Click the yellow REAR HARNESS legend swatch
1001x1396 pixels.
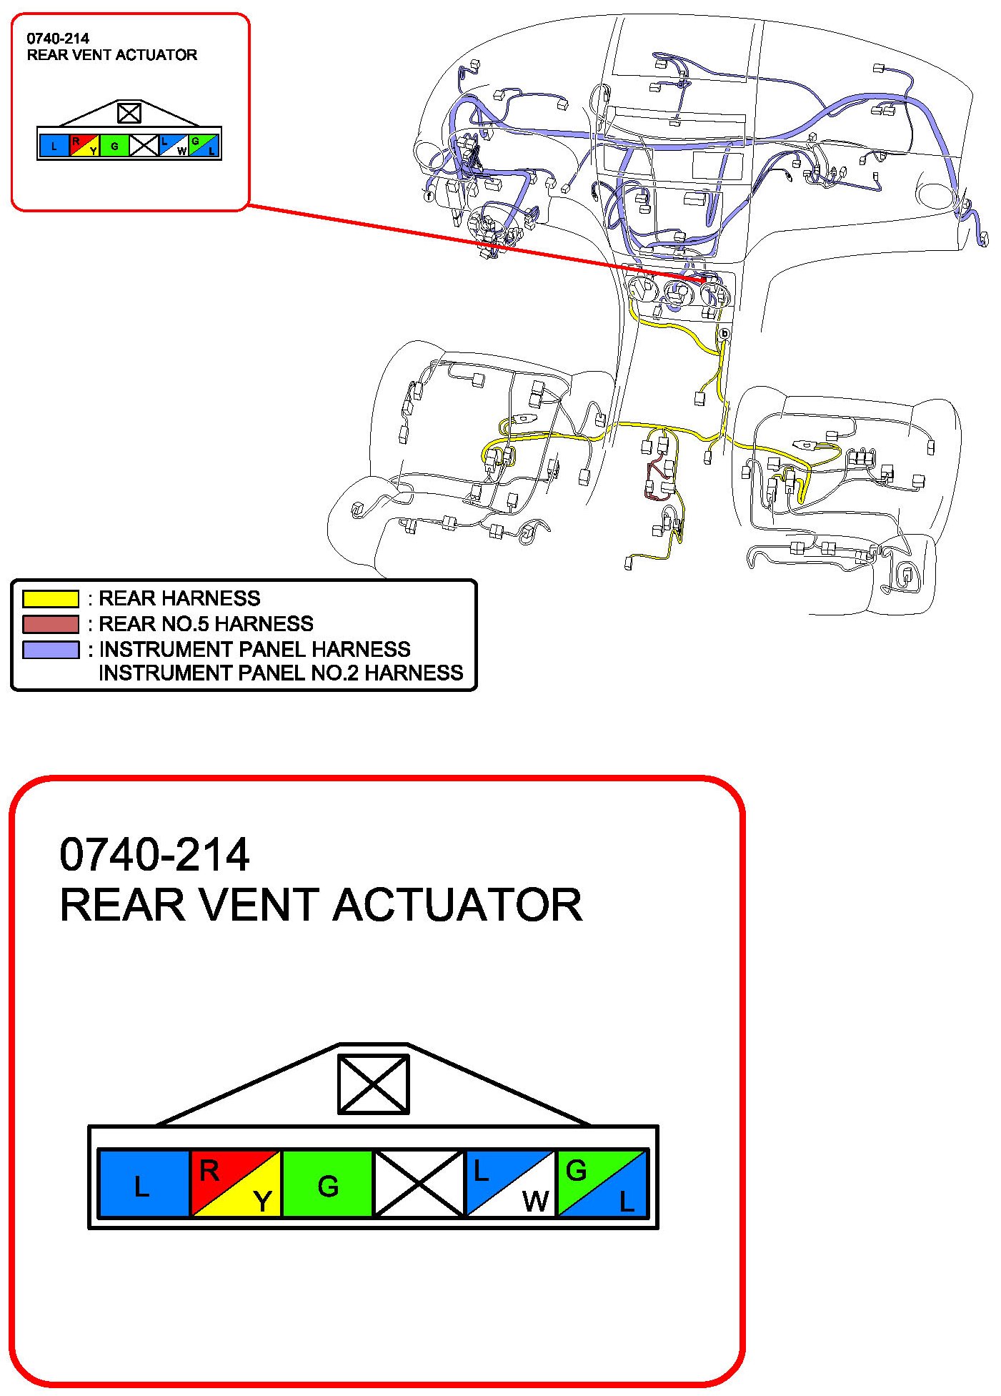[50, 598]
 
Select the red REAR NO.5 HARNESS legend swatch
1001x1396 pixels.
[50, 624]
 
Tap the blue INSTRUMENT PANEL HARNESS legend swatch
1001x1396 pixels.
[50, 650]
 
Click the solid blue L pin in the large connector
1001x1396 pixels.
[143, 1183]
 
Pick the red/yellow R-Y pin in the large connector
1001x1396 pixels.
[236, 1183]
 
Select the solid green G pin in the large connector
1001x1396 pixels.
[328, 1183]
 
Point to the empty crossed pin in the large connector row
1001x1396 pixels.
[419, 1183]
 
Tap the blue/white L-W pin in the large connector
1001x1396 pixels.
[510, 1183]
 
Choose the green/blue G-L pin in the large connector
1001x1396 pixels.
[602, 1183]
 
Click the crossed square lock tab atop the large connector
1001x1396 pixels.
[373, 1084]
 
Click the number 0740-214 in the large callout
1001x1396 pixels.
[154, 854]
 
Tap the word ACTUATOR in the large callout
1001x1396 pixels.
[457, 905]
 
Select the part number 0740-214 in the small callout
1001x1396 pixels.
[58, 39]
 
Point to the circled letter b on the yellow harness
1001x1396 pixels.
[724, 333]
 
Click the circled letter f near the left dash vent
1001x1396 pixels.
[429, 195]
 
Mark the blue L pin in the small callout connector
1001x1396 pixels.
[54, 146]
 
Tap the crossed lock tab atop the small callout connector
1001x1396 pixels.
[129, 113]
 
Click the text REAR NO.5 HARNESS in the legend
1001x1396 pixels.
[206, 624]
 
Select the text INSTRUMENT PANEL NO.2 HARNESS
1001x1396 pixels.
[281, 673]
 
